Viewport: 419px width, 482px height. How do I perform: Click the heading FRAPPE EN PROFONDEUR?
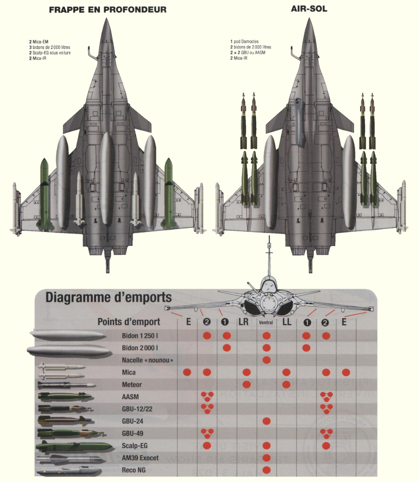click(x=108, y=9)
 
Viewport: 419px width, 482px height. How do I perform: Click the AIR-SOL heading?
click(x=309, y=9)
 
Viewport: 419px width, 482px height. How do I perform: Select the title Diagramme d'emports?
click(x=108, y=298)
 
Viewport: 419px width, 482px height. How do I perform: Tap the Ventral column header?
click(x=266, y=323)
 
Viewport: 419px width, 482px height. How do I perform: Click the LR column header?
click(x=243, y=322)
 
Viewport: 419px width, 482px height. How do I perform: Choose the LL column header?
click(x=287, y=322)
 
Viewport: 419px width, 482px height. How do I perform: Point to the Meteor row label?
click(x=132, y=385)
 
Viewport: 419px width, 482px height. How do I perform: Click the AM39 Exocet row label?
click(x=140, y=458)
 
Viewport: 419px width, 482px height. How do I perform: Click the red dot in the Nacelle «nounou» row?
click(x=266, y=360)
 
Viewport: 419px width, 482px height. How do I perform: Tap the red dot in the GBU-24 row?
click(x=266, y=421)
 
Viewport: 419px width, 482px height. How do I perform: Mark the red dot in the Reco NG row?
click(x=266, y=470)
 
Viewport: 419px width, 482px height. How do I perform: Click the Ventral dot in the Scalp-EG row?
click(x=266, y=445)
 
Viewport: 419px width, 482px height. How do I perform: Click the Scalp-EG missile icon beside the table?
click(x=74, y=445)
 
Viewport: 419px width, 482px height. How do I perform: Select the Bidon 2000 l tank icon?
click(x=69, y=350)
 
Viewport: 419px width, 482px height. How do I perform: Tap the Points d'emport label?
click(x=129, y=322)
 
